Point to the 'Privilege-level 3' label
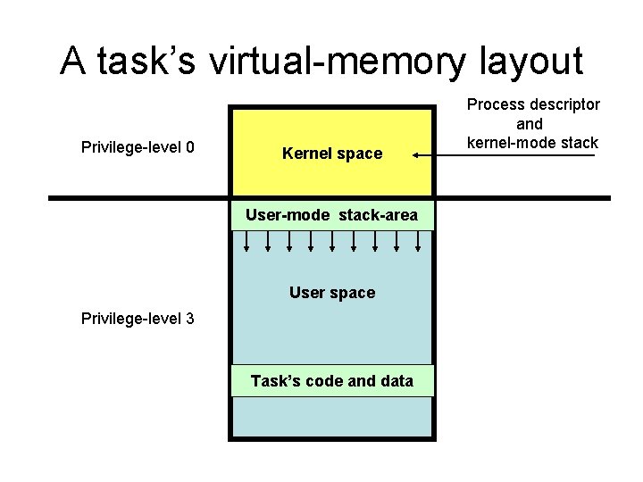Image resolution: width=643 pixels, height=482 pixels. coord(138,319)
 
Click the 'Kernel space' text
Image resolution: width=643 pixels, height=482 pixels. coord(332,154)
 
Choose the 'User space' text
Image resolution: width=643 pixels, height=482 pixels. coord(332,293)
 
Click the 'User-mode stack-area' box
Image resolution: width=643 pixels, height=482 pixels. coord(332,215)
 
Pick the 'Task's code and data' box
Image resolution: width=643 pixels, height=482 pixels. coord(332,381)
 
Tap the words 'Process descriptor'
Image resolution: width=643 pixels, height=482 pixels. coord(534,104)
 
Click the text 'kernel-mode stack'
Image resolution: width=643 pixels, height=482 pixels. coord(534,142)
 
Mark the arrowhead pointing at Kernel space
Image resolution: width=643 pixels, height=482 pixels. coord(417,155)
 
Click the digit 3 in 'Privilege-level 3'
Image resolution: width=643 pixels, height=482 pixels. coord(190,319)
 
